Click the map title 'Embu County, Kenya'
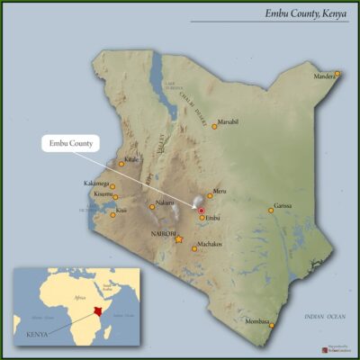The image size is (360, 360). pyautogui.click(x=304, y=14)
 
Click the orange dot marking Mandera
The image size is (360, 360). pyautogui.click(x=337, y=73)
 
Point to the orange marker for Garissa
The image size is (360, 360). pyautogui.click(x=270, y=211)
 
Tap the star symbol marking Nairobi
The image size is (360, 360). pyautogui.click(x=178, y=239)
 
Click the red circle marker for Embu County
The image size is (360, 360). pyautogui.click(x=202, y=210)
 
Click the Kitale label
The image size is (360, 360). pyautogui.click(x=132, y=158)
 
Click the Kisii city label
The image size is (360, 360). pyautogui.click(x=121, y=211)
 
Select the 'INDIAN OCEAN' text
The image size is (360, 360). pyautogui.click(x=325, y=316)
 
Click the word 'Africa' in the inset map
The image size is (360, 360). pyautogui.click(x=78, y=296)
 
